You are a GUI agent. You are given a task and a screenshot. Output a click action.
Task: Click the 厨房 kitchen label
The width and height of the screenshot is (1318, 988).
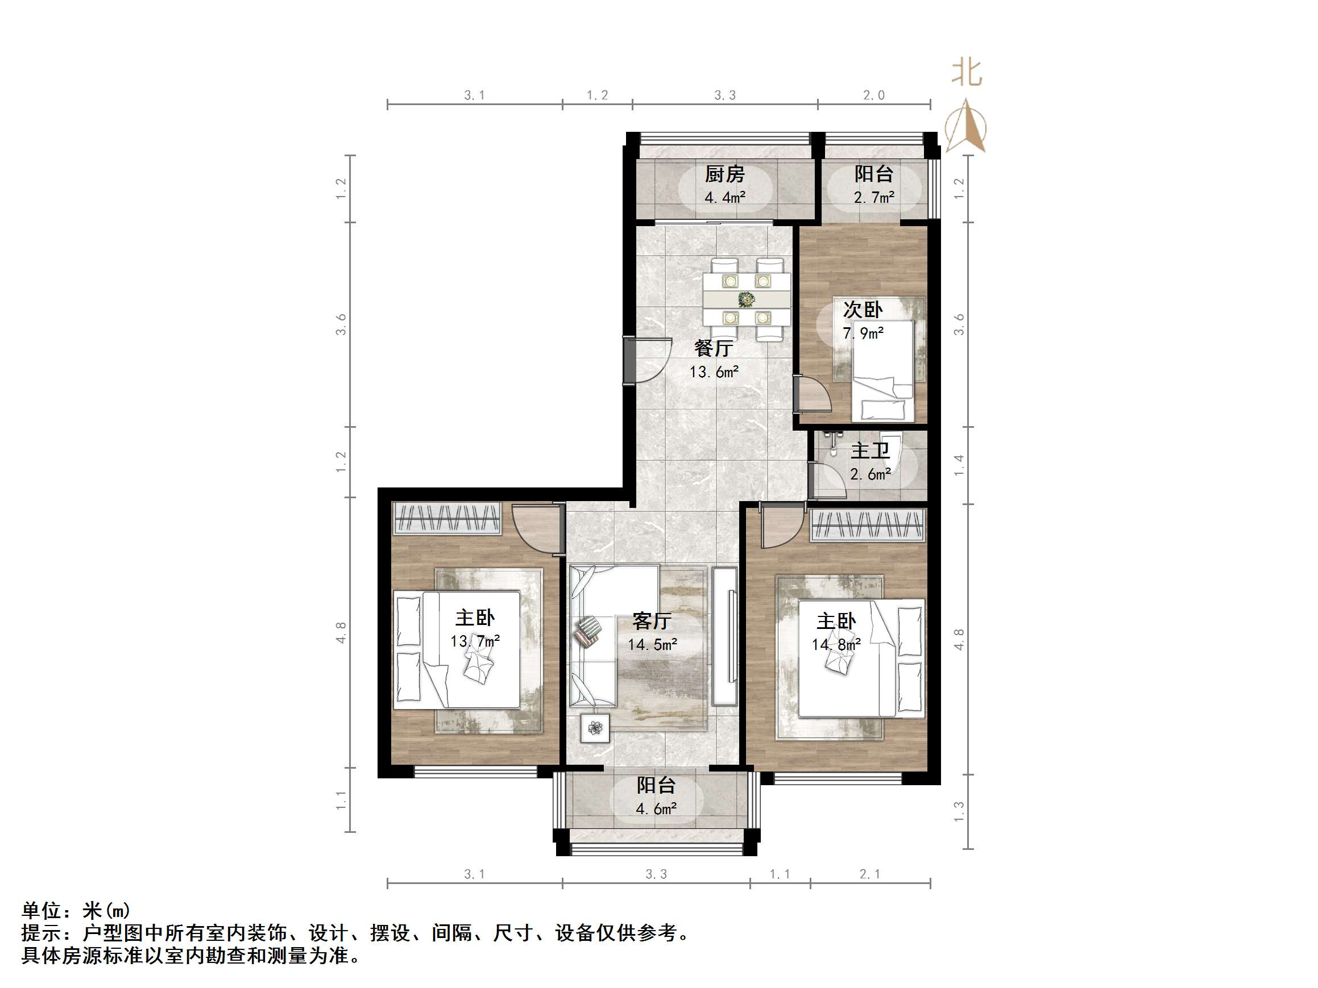coord(724,174)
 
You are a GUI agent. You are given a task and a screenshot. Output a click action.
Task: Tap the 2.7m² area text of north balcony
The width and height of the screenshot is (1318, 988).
coord(873,197)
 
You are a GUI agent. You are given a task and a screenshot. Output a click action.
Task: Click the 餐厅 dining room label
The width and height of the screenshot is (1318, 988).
coord(713,348)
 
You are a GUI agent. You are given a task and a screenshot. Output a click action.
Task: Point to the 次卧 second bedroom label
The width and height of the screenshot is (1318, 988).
coord(863,310)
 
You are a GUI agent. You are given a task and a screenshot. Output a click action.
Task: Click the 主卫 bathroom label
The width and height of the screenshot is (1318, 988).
coord(870,451)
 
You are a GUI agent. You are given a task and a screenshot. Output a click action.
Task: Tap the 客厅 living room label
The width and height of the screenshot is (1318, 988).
coord(652,621)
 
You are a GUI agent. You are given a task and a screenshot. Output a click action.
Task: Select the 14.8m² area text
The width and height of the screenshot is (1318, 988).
coord(836,644)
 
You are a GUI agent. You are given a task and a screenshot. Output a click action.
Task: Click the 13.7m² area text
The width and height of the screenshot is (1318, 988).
coord(474,641)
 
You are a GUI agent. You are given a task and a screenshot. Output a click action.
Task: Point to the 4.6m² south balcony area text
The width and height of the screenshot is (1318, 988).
coord(656,808)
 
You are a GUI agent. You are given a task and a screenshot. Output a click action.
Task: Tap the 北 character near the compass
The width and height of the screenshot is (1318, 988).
coord(967,73)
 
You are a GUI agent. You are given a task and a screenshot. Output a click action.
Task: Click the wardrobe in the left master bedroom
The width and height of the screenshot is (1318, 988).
coord(447,518)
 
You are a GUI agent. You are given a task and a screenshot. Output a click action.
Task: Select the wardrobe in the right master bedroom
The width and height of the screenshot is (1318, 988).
coord(868,526)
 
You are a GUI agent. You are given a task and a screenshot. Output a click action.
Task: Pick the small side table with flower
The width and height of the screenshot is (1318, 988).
coord(595,728)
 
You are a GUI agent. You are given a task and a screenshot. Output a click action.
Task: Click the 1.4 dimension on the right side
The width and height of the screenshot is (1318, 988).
coord(959,465)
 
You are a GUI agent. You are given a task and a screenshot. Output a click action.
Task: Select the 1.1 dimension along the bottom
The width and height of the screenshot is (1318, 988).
coord(780,874)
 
